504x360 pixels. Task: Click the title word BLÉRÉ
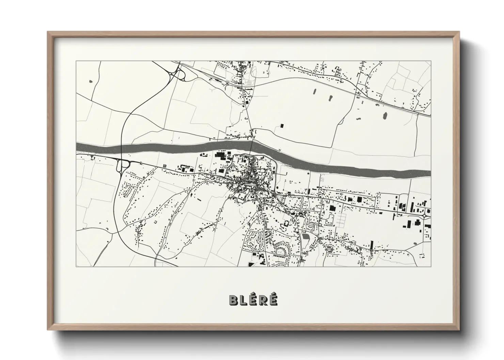point(253,300)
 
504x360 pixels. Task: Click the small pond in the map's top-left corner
point(90,82)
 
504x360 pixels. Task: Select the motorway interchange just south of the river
point(123,166)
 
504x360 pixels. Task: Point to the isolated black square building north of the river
point(282,126)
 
